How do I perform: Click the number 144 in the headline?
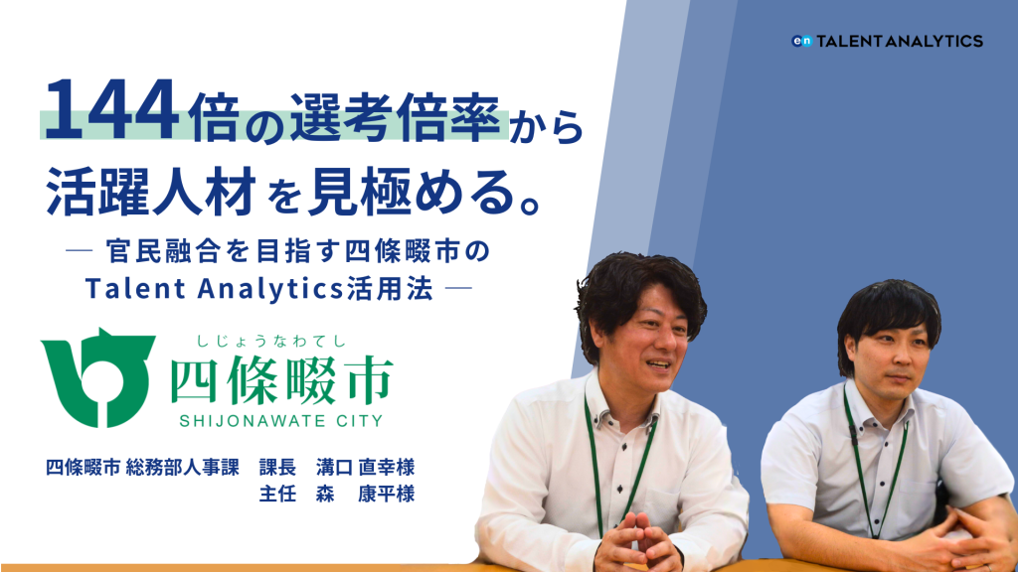coord(110,109)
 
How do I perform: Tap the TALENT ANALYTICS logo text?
coord(899,41)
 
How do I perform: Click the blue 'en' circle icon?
coord(801,41)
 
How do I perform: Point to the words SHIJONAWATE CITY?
coord(281,421)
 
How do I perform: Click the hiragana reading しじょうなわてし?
coord(272,342)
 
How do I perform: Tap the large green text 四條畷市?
coord(281,379)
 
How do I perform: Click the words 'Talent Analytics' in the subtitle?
coord(215,289)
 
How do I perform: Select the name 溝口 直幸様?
coord(366,467)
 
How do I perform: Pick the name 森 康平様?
coord(366,494)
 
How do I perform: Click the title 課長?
coord(277,467)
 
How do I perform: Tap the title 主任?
coord(277,494)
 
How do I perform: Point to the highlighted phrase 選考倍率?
coord(395,117)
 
